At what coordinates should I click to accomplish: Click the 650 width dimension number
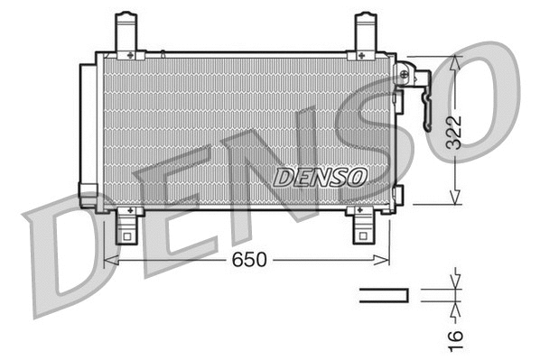pyautogui.click(x=249, y=260)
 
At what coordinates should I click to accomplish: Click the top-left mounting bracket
pyautogui.click(x=128, y=34)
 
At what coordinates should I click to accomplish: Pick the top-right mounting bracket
pyautogui.click(x=364, y=34)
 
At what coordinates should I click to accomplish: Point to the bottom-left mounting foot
pyautogui.click(x=128, y=226)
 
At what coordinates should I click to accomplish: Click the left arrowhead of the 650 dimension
pyautogui.click(x=110, y=260)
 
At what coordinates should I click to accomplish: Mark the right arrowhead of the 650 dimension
pyautogui.click(x=386, y=260)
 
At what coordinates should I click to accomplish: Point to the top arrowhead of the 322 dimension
pyautogui.click(x=457, y=61)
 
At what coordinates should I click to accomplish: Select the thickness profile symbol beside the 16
pyautogui.click(x=384, y=294)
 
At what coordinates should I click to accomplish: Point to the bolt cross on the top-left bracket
pyautogui.click(x=131, y=56)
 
